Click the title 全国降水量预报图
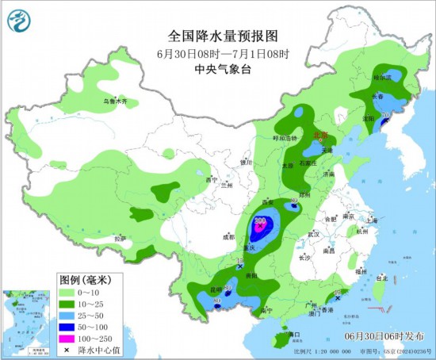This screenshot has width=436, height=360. point(217,36)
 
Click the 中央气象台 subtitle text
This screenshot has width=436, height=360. point(217,69)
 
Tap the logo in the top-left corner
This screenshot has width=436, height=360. point(21,21)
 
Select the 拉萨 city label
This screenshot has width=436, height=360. point(120,238)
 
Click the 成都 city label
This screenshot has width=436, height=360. point(228,236)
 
